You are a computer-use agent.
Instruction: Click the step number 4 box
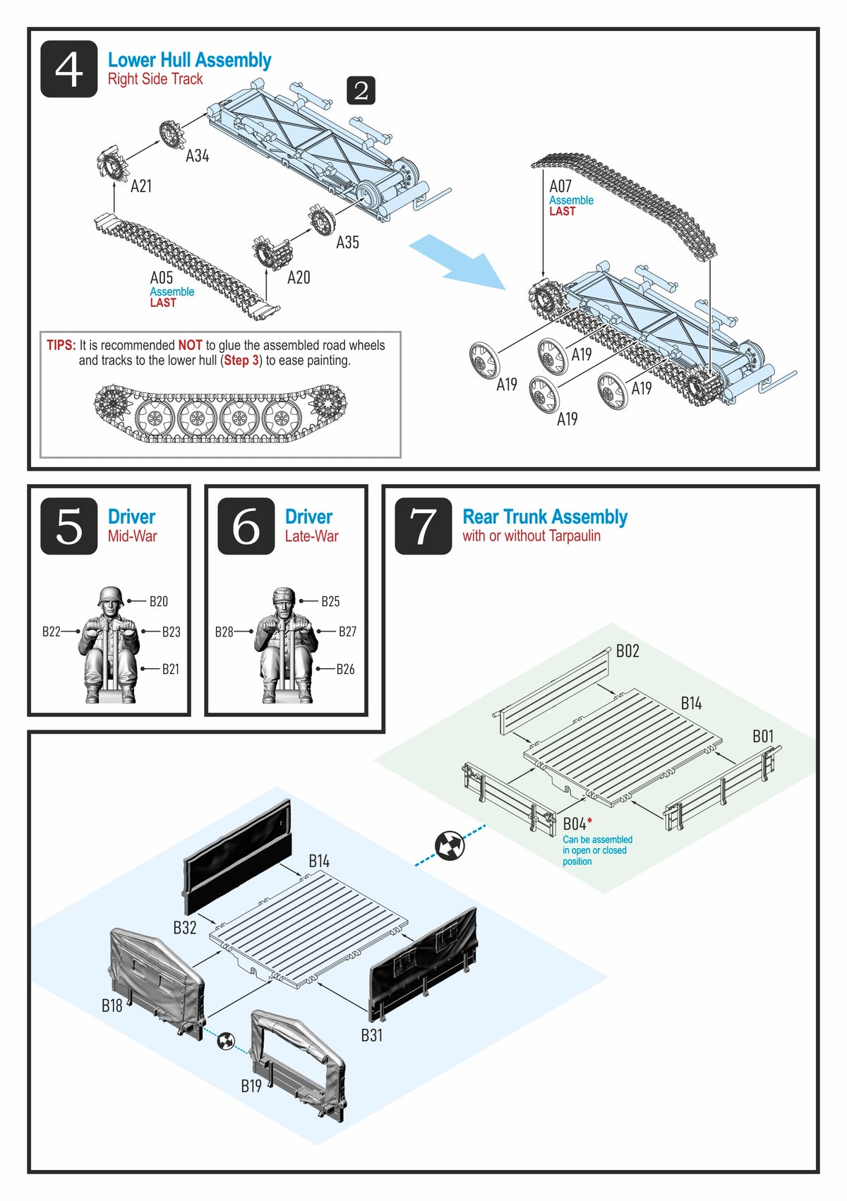pos(68,69)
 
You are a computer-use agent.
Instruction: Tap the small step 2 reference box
pos(361,91)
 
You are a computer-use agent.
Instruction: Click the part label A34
pos(197,156)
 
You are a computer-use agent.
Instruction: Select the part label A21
pos(141,186)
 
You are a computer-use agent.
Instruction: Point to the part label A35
pos(347,243)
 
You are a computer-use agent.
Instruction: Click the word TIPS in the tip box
pos(61,345)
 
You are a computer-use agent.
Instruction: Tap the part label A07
pos(560,186)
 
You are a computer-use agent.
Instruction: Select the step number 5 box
pos(68,526)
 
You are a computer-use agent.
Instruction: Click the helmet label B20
pos(158,601)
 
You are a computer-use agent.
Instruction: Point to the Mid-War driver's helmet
pos(111,597)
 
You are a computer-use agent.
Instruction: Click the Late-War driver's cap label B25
pos(330,601)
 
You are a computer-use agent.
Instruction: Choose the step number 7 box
pos(423,526)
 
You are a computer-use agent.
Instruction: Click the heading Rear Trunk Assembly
pos(544,517)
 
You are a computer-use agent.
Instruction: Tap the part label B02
pos(627,651)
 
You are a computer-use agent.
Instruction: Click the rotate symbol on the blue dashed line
pos(450,845)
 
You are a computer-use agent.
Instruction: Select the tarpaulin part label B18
pos(112,1006)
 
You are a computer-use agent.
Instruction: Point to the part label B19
pos(251,1086)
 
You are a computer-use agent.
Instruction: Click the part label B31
pos(371,1035)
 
